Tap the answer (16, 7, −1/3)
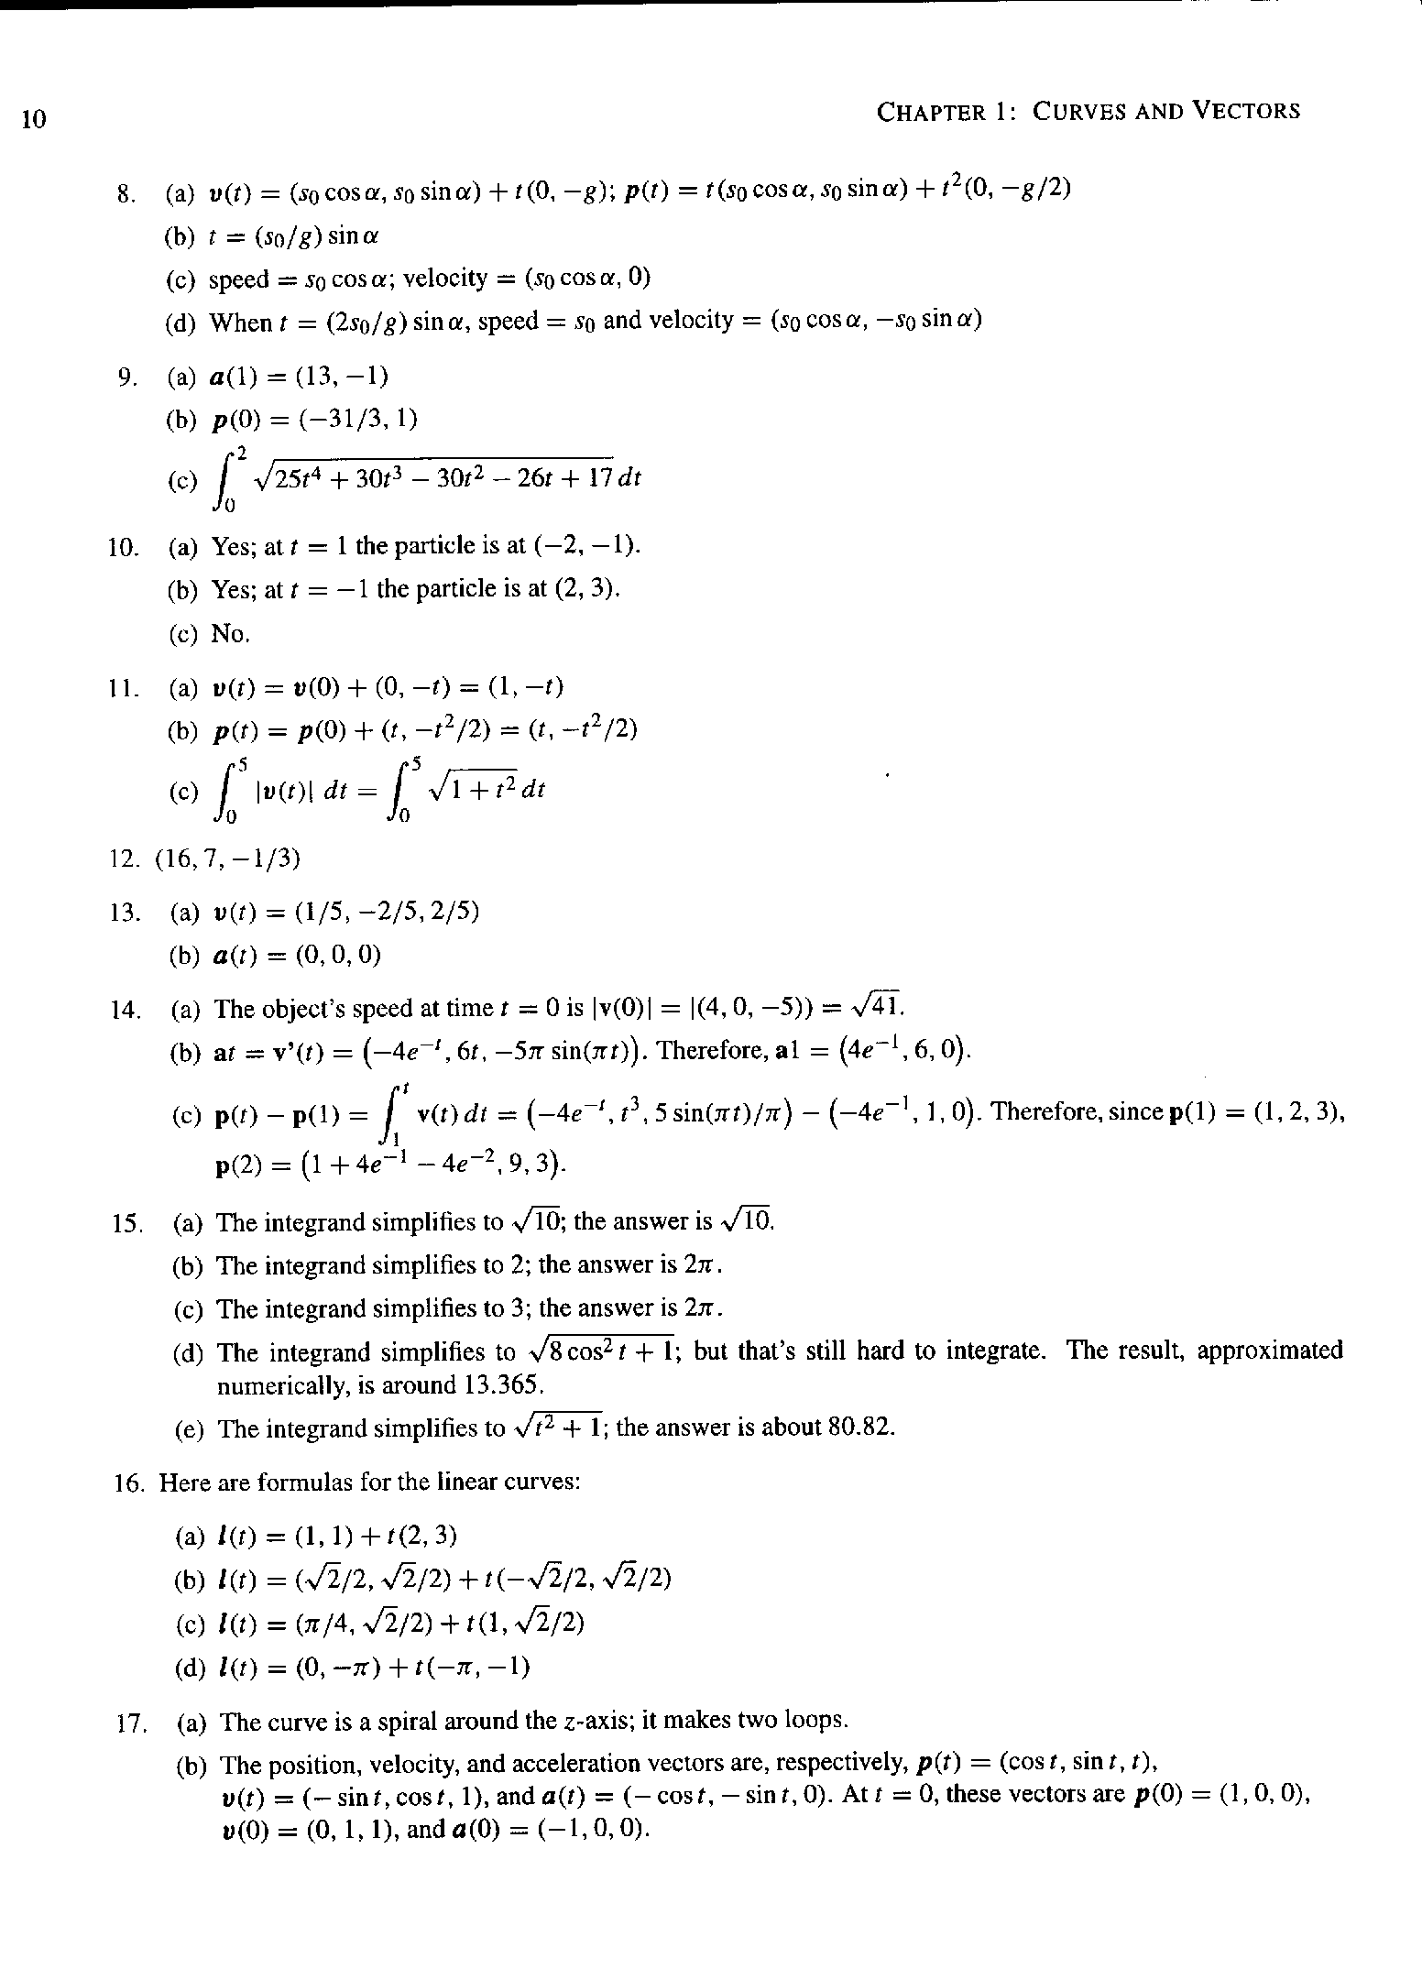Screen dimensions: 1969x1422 [x=228, y=859]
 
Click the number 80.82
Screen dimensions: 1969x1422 [x=859, y=1428]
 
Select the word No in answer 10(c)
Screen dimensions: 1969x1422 [x=230, y=634]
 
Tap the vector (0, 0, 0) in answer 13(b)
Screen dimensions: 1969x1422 [x=339, y=956]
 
